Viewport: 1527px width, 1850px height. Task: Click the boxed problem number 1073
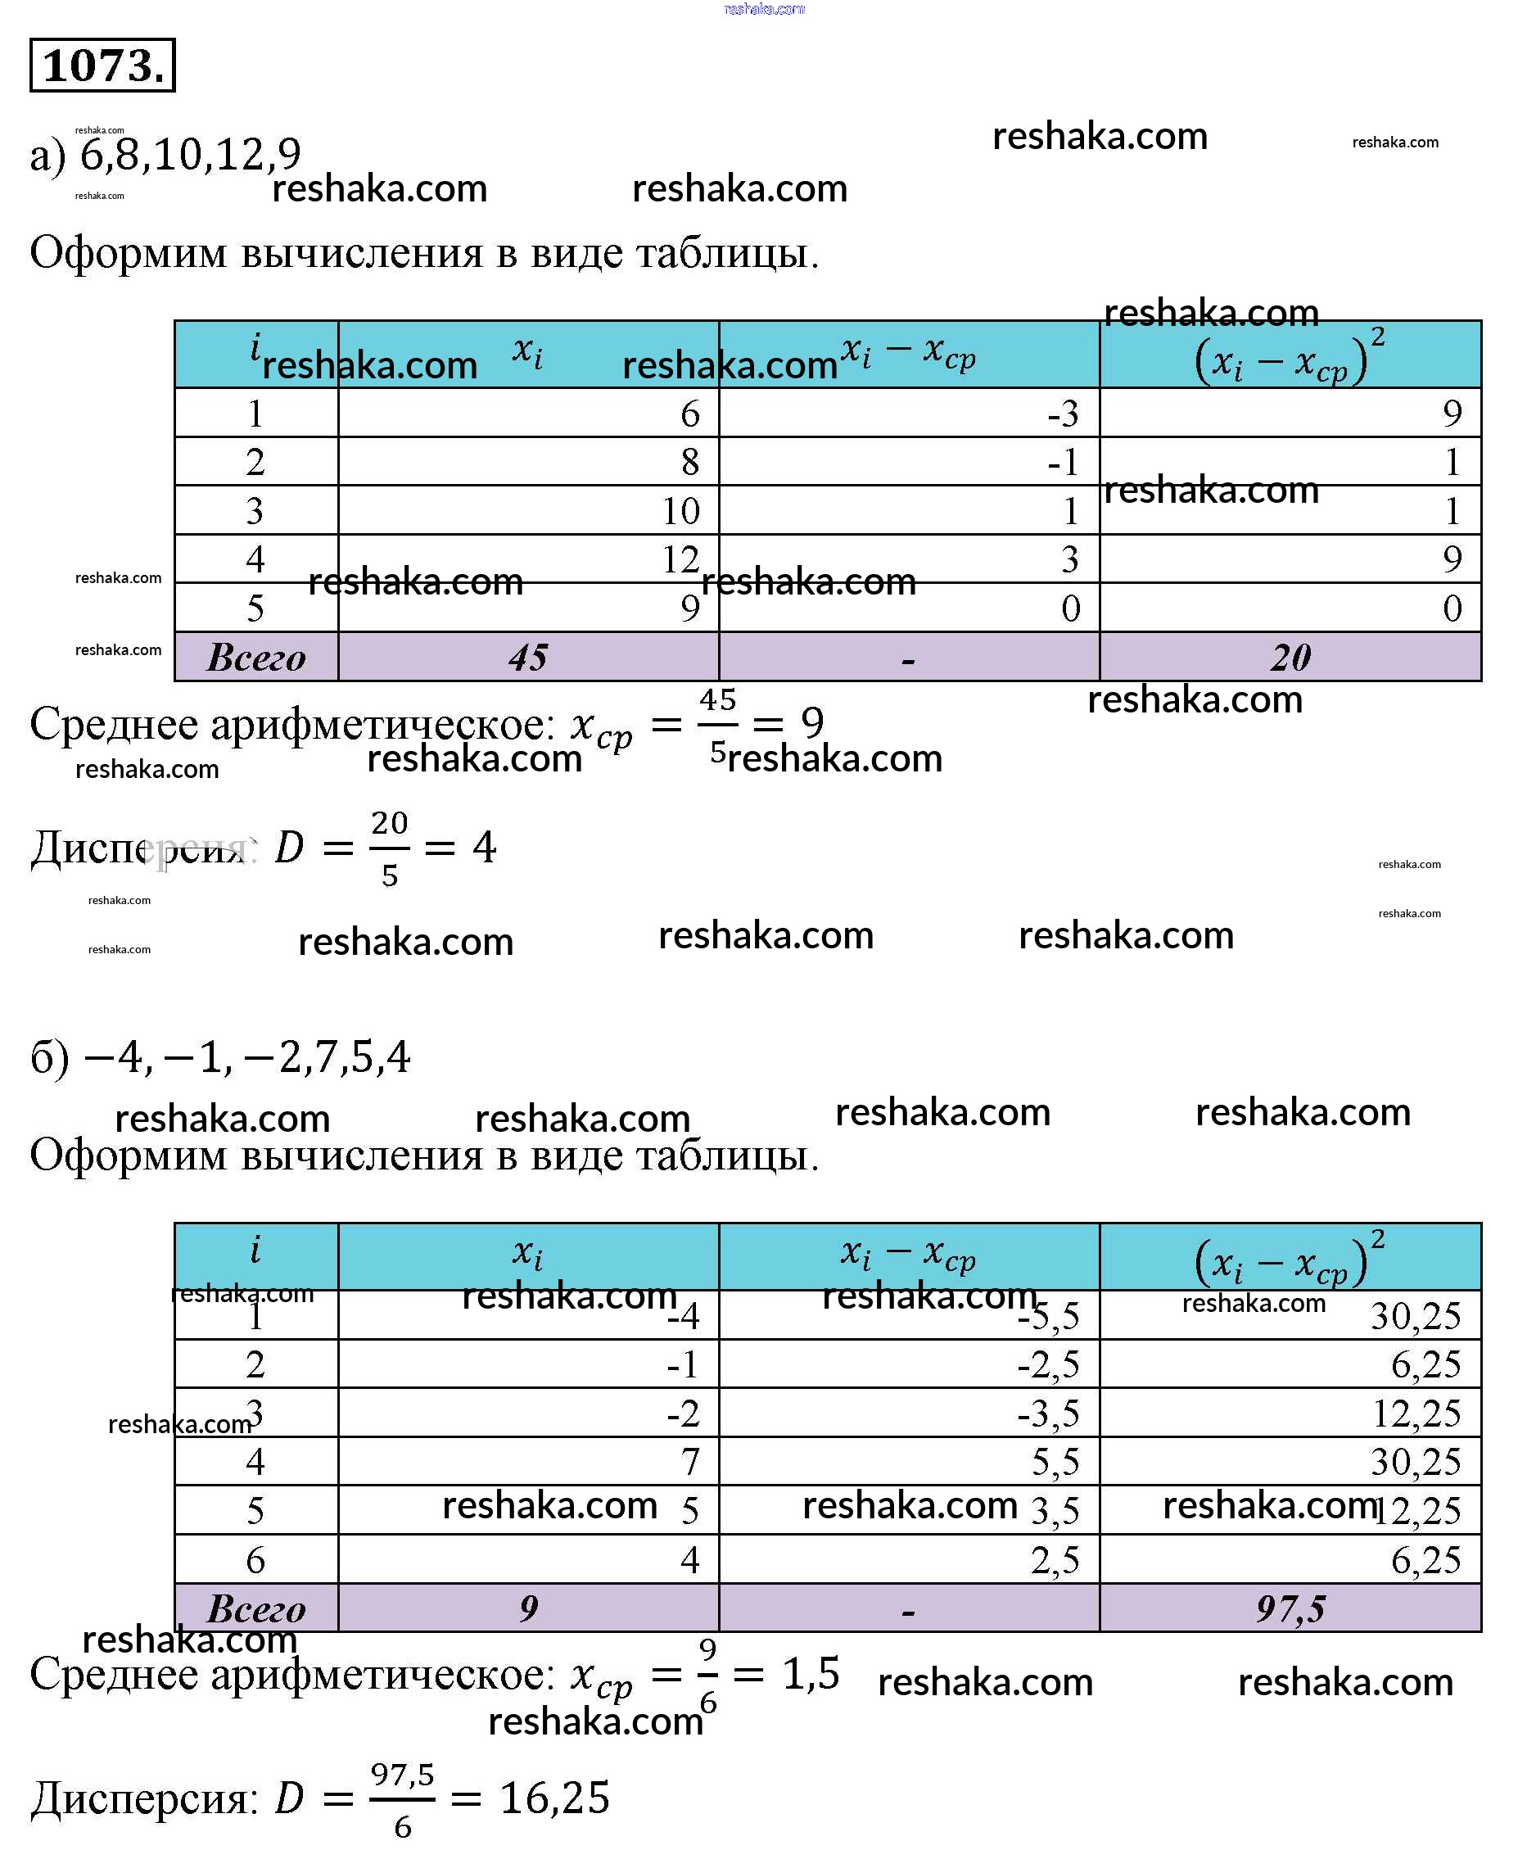click(x=102, y=65)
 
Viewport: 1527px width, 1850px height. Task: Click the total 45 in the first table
click(x=528, y=657)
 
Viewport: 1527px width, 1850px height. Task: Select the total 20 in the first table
click(x=1290, y=657)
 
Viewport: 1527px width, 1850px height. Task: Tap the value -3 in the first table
click(x=1063, y=414)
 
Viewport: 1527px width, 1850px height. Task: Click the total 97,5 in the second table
click(x=1290, y=1608)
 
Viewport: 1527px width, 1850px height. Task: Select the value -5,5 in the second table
click(x=1049, y=1316)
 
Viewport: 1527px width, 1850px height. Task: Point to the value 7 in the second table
click(x=689, y=1462)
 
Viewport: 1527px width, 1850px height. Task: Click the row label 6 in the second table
click(x=255, y=1560)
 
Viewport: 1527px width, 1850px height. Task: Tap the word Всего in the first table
click(x=256, y=657)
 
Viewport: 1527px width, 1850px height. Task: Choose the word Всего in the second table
click(x=256, y=1608)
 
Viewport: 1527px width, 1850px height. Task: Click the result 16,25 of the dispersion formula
click(x=554, y=1798)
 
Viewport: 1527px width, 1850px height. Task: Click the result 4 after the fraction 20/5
click(x=484, y=846)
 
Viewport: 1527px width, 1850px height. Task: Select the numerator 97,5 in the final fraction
click(x=402, y=1775)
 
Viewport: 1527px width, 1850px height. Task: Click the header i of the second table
click(x=255, y=1249)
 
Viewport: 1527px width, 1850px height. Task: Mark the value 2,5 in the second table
click(x=1055, y=1560)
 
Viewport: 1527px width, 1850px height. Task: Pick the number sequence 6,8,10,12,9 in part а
click(x=190, y=155)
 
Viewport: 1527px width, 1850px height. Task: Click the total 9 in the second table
click(x=528, y=1608)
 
